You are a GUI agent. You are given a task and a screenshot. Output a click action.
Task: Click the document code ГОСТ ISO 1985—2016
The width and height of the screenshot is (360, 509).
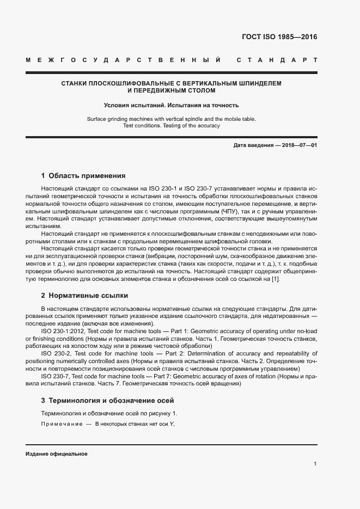279,38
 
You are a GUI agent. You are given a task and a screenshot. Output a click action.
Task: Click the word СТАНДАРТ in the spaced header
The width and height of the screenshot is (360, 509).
277,59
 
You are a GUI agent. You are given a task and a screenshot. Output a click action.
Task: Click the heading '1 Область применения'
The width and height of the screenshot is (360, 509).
83,176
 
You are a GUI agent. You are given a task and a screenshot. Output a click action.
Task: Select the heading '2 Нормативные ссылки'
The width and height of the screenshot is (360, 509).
84,296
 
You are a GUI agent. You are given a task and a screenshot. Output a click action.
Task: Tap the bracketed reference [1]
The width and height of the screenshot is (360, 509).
276,279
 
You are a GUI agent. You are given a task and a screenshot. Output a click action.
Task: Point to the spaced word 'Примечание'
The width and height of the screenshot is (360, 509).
60,425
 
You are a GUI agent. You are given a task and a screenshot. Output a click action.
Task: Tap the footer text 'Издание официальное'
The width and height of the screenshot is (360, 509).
57,454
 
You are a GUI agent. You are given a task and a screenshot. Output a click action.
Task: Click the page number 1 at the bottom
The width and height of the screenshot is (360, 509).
315,464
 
